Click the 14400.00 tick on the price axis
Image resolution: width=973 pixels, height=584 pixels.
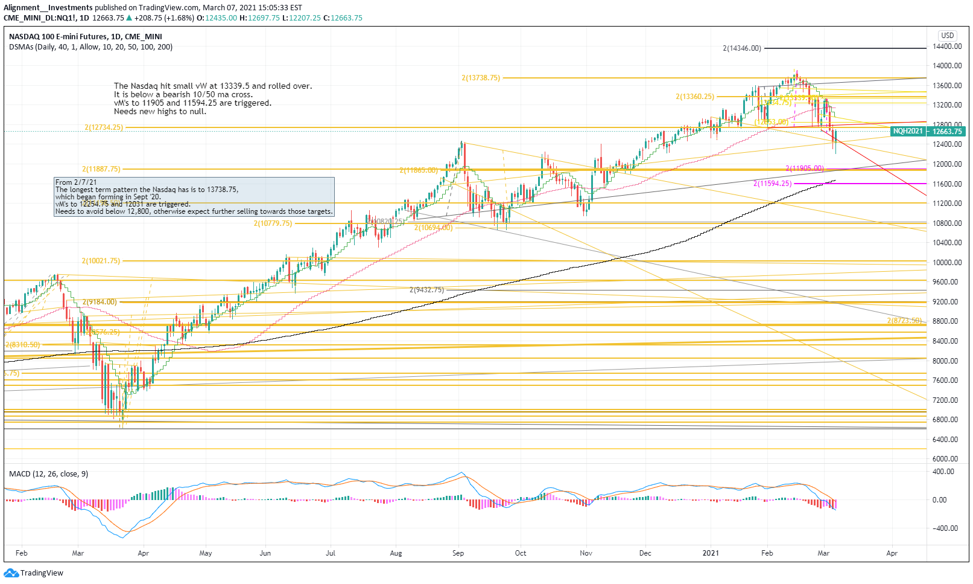(x=946, y=47)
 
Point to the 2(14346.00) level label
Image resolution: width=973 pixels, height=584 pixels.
(x=742, y=48)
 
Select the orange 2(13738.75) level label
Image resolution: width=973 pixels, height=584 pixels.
(x=481, y=78)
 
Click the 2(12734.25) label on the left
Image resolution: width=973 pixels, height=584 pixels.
(x=104, y=127)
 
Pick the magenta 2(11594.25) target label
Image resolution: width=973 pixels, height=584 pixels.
(x=772, y=184)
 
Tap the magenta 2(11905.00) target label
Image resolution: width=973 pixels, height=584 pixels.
(x=805, y=168)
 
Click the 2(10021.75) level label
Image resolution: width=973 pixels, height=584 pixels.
(x=101, y=261)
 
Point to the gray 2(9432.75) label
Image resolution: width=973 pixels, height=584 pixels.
(x=426, y=290)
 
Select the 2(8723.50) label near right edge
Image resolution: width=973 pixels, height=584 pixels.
(x=904, y=321)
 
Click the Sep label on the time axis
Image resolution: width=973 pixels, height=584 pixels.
(x=458, y=553)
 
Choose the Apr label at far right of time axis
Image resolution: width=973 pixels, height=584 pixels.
(x=892, y=553)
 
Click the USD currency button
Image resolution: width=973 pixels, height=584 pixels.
(x=947, y=36)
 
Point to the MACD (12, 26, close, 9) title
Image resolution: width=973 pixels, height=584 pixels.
(x=48, y=473)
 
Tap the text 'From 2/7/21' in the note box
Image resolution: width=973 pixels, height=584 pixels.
(x=76, y=182)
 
